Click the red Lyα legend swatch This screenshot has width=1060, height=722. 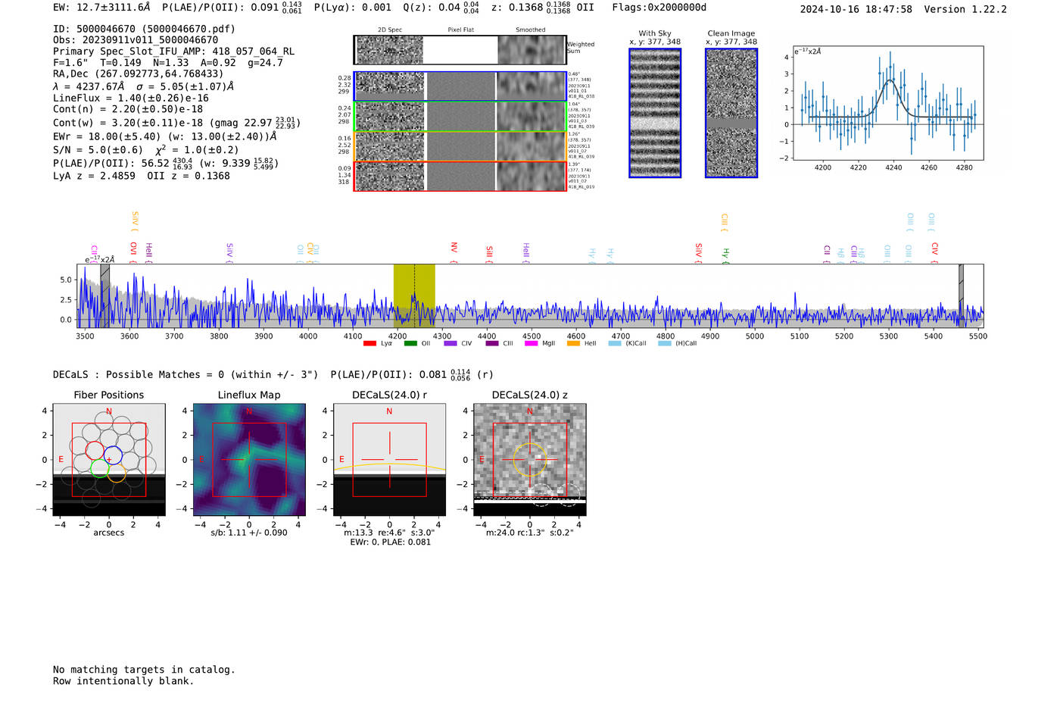pyautogui.click(x=369, y=343)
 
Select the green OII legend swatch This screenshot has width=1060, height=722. pyautogui.click(x=410, y=343)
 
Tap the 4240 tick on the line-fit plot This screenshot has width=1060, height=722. pyautogui.click(x=893, y=167)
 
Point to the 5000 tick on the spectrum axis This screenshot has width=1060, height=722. pyautogui.click(x=755, y=336)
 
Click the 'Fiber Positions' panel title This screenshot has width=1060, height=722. pyautogui.click(x=108, y=395)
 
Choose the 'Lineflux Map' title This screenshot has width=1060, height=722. pyautogui.click(x=249, y=395)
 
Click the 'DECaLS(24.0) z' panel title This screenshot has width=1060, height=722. pyautogui.click(x=529, y=395)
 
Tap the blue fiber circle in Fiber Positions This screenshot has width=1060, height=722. pyautogui.click(x=113, y=456)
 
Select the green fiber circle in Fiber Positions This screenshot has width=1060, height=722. pyautogui.click(x=99, y=468)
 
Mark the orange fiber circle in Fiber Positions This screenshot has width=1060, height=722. pyautogui.click(x=116, y=474)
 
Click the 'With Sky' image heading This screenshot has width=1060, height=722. pyautogui.click(x=655, y=33)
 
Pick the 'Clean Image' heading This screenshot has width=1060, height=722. pyautogui.click(x=731, y=33)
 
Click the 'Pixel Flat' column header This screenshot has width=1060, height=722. pyautogui.click(x=460, y=30)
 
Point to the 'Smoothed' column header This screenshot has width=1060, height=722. pyautogui.click(x=530, y=30)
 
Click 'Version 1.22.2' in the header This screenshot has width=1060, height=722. pyautogui.click(x=965, y=9)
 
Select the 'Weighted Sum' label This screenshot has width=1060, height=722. pyautogui.click(x=581, y=48)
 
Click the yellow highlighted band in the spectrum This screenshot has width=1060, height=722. pyautogui.click(x=414, y=295)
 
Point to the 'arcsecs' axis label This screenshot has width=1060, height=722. pyautogui.click(x=108, y=533)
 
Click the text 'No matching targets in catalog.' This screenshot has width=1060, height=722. pyautogui.click(x=144, y=670)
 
